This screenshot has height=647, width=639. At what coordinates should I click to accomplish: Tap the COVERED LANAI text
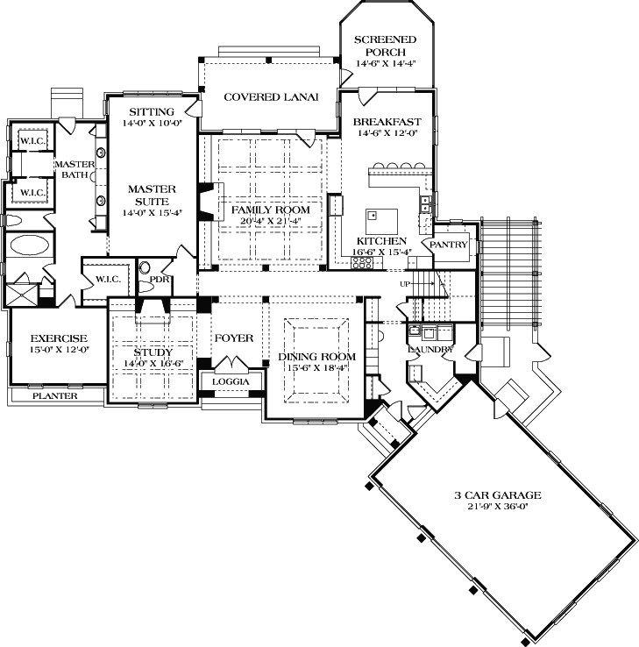pos(269,96)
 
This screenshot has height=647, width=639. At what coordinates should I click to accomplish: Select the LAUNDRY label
pos(430,350)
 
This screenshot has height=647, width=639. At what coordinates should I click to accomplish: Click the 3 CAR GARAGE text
pos(497,494)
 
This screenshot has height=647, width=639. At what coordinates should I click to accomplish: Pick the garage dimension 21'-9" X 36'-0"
pos(497,508)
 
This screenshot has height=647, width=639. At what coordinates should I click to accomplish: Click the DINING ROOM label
pos(317,356)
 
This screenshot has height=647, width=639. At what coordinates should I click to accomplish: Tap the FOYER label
pos(233,338)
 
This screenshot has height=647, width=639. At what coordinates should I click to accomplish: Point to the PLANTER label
pos(55,396)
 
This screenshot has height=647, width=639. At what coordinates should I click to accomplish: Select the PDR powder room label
pos(159,280)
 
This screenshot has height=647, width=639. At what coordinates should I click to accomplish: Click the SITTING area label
pos(152,111)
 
